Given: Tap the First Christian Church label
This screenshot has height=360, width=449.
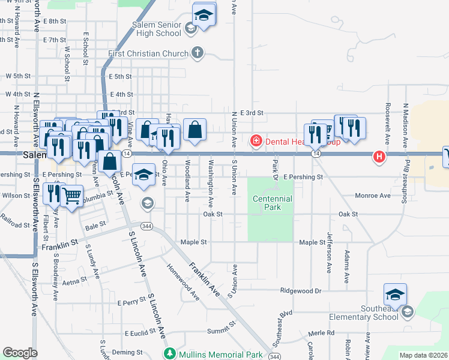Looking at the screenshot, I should (148, 54).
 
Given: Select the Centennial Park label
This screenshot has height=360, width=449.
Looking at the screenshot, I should (272, 203).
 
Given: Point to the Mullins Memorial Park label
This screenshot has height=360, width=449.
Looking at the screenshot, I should (221, 354).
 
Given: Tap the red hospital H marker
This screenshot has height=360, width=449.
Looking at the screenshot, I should (379, 157).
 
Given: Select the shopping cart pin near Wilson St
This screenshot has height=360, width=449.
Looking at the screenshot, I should (71, 195).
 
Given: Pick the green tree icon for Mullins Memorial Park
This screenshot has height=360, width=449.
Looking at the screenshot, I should (170, 353).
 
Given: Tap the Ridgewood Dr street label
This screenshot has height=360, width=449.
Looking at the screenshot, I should (301, 290).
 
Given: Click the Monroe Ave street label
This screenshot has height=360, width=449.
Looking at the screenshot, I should (372, 196).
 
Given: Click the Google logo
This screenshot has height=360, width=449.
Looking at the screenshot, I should (20, 353).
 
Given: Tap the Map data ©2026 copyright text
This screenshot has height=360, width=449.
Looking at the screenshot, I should (423, 355).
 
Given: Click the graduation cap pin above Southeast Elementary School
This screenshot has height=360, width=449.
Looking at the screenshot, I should (395, 295).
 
